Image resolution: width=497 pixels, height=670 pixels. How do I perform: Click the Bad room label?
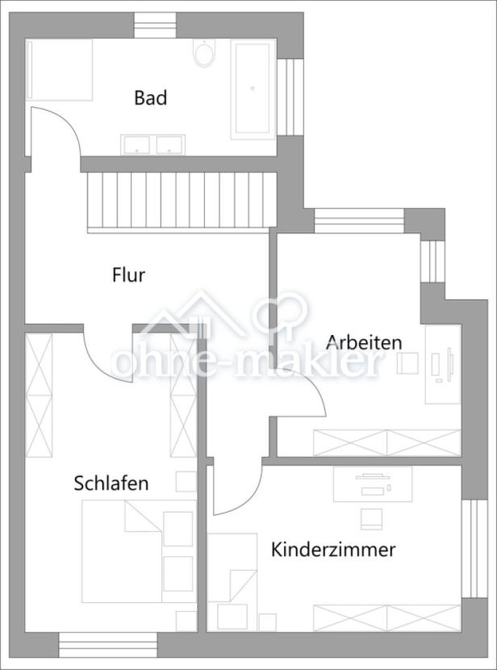150,98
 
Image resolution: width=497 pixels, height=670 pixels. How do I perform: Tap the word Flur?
128,275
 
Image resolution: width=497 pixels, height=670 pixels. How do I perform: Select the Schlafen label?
111,484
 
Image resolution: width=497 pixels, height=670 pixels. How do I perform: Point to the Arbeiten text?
364,342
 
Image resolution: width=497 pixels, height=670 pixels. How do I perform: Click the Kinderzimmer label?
333,551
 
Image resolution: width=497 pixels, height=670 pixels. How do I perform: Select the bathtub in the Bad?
253,88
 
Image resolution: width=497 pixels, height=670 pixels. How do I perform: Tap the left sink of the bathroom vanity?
136,144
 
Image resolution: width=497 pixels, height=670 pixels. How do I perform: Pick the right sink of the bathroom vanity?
170,144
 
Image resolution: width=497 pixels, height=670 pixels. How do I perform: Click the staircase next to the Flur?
182,201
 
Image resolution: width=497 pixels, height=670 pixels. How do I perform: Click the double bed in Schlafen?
137,551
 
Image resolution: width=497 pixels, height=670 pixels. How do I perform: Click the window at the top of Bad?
155,24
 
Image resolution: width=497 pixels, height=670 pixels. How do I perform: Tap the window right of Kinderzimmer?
474,549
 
